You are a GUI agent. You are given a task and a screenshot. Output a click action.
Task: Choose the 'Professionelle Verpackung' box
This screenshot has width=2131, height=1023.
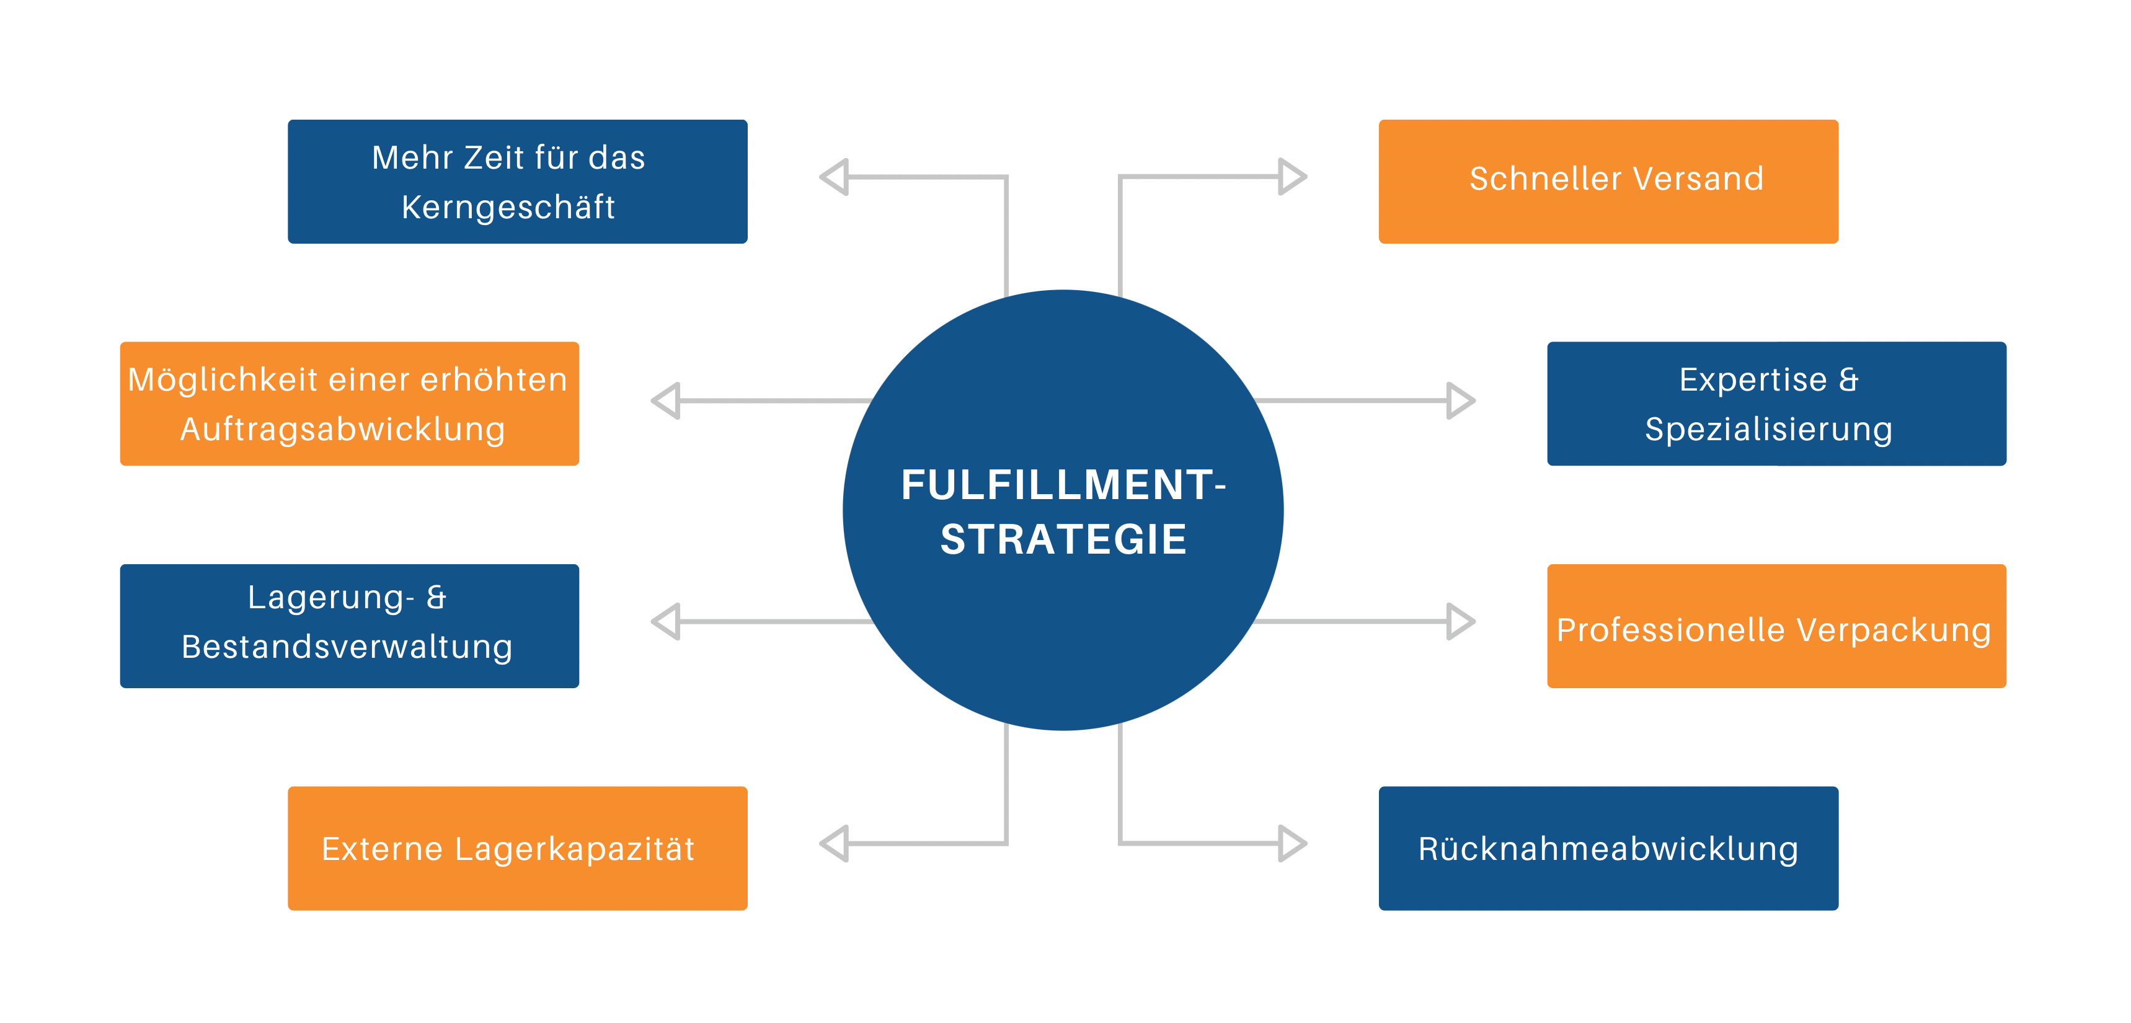(x=1776, y=626)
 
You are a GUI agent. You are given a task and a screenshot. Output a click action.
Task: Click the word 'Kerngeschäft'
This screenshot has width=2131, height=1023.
(x=508, y=206)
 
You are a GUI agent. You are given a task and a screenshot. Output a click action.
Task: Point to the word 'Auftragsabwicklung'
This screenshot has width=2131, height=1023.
(x=342, y=429)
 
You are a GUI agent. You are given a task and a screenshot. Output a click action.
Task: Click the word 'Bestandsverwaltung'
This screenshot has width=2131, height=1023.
(x=347, y=647)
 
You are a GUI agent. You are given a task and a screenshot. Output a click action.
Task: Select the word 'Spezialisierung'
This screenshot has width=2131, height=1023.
(x=1768, y=429)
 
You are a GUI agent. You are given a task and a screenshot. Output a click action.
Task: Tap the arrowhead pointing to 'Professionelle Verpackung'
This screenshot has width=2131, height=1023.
(x=1460, y=621)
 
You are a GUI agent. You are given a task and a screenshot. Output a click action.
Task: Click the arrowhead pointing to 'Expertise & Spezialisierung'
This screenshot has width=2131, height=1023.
(x=1460, y=401)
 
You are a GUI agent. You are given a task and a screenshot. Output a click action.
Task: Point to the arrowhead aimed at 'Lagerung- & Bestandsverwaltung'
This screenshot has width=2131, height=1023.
(x=666, y=621)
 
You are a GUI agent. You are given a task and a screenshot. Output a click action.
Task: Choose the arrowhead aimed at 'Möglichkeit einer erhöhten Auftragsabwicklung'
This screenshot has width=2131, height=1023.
(x=666, y=401)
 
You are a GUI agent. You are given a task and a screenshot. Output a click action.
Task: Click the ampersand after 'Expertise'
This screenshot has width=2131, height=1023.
(x=1848, y=379)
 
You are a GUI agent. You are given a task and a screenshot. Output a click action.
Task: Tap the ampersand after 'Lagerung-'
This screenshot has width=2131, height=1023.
(x=436, y=597)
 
